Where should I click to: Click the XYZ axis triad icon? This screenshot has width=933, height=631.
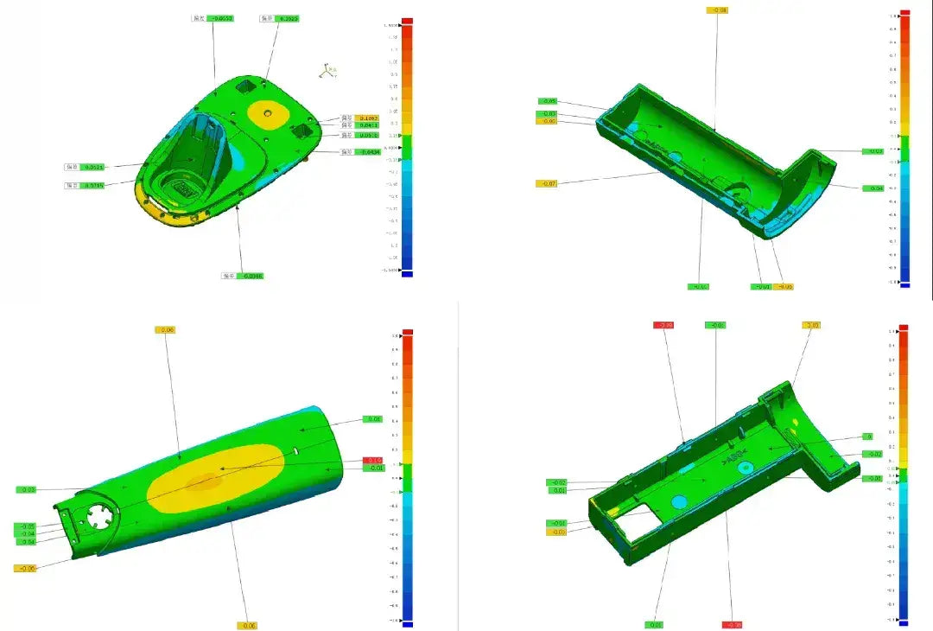(327, 71)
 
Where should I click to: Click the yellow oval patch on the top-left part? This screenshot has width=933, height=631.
(269, 112)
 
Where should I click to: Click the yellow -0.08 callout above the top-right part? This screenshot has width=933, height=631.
(717, 10)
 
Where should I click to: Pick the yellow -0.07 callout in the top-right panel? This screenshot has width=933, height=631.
(547, 183)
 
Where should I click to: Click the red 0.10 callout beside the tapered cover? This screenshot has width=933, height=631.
(372, 460)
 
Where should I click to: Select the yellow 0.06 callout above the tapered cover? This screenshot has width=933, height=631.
(165, 329)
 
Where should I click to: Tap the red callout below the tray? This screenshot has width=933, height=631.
(732, 624)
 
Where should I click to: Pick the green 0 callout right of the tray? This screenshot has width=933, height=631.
(868, 437)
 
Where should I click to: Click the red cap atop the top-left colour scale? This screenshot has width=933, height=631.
(407, 20)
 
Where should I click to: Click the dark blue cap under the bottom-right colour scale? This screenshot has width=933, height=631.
(904, 624)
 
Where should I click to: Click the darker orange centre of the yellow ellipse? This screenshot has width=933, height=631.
(205, 481)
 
